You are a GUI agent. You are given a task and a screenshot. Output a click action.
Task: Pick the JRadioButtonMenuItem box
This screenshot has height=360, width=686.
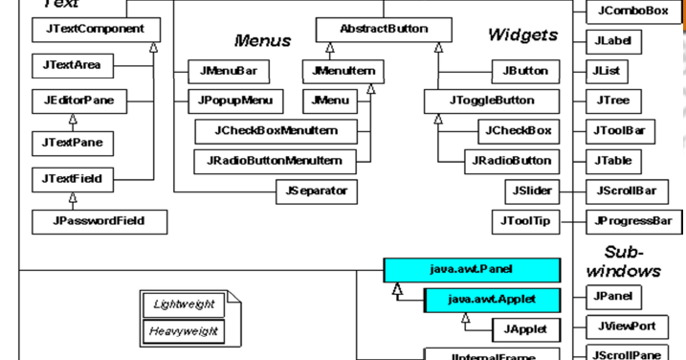pos(272,159)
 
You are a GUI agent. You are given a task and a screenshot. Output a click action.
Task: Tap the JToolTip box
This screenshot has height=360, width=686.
pos(525,220)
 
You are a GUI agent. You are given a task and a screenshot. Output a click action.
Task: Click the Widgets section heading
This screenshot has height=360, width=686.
pos(523,36)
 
